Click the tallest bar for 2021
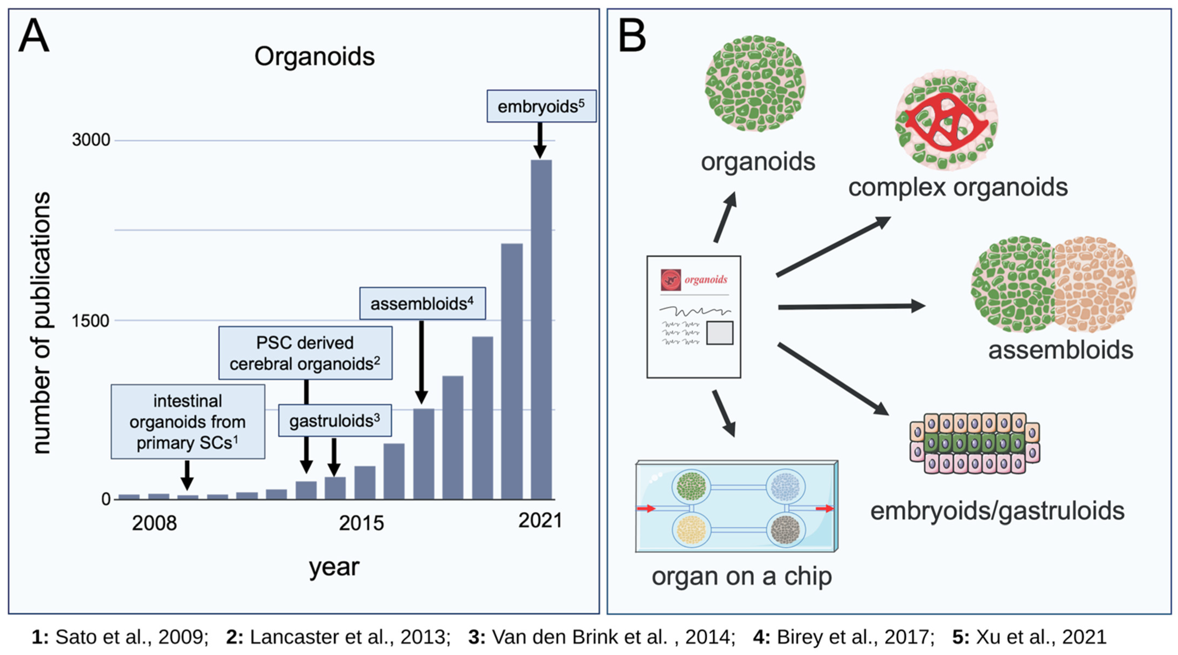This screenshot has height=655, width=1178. [541, 329]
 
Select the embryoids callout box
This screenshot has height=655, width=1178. [541, 106]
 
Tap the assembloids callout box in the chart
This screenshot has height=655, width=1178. [422, 303]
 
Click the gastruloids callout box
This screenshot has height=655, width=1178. [335, 420]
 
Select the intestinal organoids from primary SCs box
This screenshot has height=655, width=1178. [188, 421]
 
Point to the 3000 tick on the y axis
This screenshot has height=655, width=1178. [91, 140]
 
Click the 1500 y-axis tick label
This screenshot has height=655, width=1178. [91, 321]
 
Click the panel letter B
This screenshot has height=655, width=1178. [632, 37]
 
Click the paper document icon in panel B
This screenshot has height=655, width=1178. [693, 317]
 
